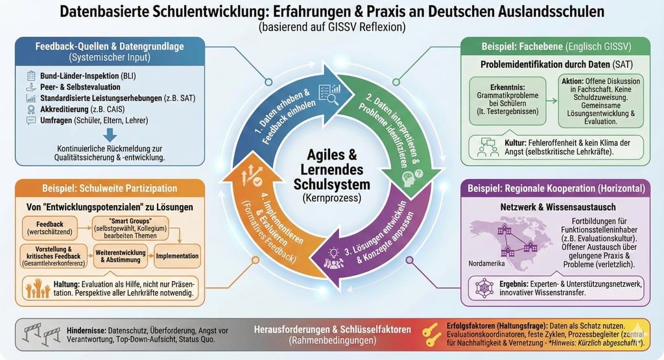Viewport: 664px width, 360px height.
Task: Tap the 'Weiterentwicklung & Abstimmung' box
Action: (x=120, y=256)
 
